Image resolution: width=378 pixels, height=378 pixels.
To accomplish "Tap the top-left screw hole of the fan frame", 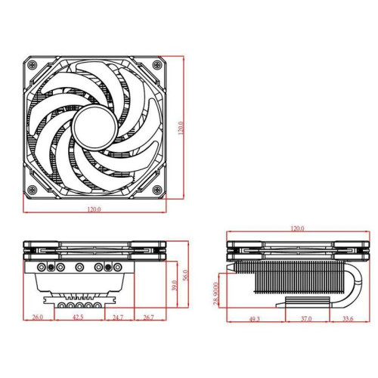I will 32,63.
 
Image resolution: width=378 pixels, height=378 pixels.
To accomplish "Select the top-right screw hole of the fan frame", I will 156,63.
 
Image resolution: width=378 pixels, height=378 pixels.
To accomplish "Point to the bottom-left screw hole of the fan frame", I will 32,188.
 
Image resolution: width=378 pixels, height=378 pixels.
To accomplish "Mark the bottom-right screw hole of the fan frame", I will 156,188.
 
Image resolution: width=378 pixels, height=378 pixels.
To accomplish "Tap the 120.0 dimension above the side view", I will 297,228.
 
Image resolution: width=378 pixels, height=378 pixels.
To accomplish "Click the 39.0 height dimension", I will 174,287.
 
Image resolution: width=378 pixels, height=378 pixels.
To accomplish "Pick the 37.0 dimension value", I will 305,320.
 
